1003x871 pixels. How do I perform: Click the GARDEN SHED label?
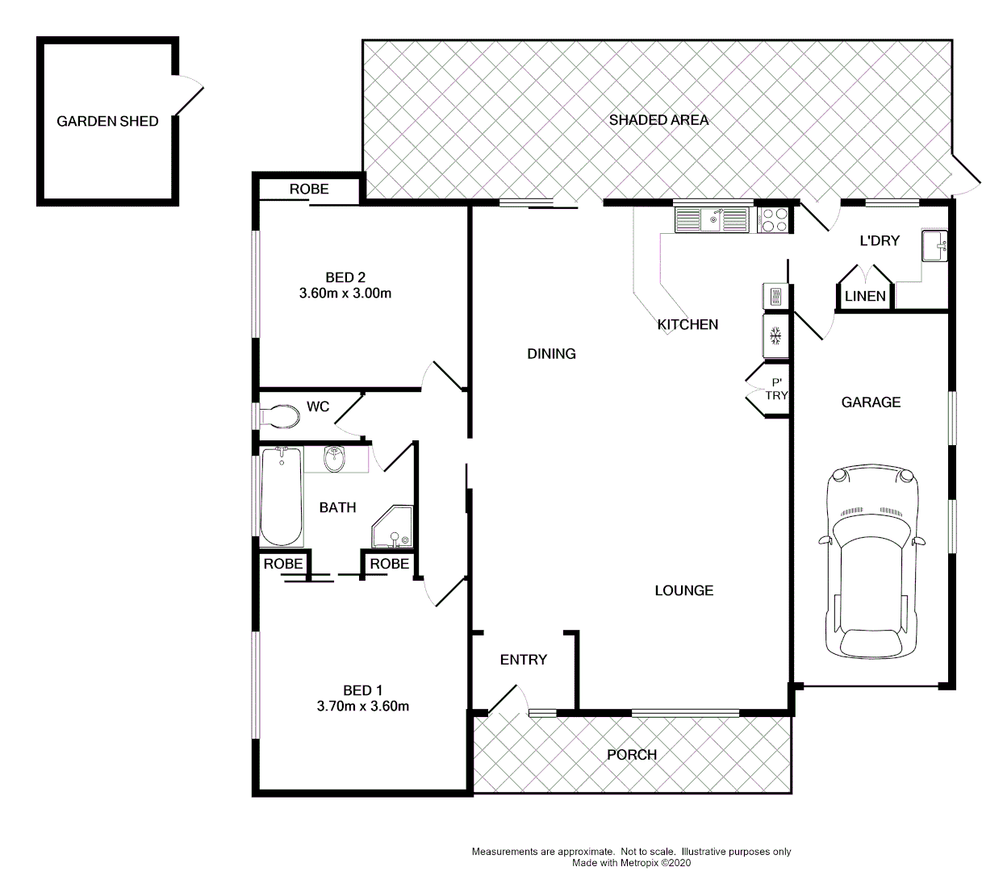pos(107,122)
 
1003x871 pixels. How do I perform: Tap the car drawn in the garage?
pos(871,563)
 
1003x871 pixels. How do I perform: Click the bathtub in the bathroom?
pos(281,497)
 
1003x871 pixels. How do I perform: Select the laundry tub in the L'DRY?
pos(934,246)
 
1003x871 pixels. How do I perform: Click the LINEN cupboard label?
pos(865,296)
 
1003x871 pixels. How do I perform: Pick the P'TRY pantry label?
pos(777,390)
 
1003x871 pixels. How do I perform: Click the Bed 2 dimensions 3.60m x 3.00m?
pos(345,294)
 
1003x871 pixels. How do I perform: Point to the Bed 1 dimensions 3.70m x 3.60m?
pos(362,706)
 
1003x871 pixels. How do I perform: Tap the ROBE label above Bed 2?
pos(309,189)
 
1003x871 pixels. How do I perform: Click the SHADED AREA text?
pos(658,120)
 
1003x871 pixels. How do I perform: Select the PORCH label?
pos(631,755)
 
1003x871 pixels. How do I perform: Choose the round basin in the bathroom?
pos(335,461)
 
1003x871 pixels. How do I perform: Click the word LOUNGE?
pos(683,590)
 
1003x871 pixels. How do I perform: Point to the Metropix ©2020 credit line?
pos(631,862)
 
